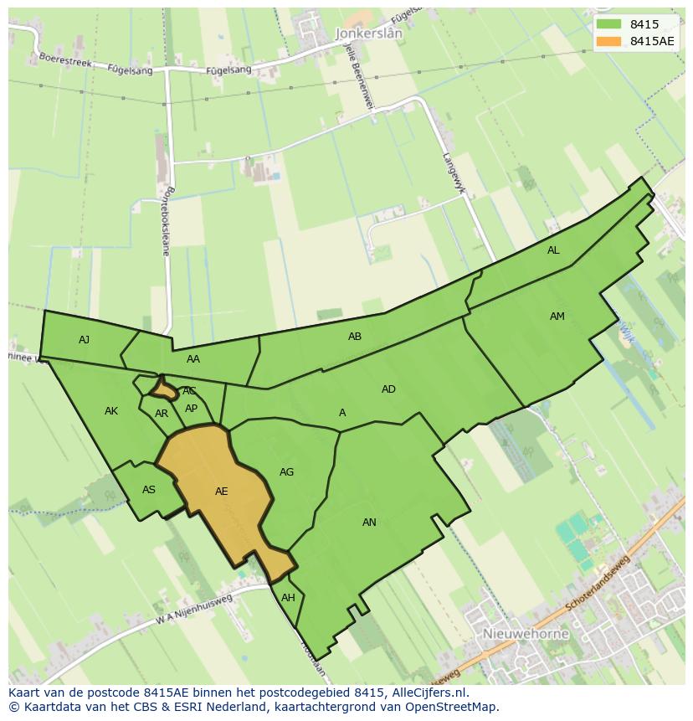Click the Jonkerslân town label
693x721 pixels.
tap(368, 33)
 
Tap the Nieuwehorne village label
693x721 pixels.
tap(526, 634)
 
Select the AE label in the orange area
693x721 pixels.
tap(221, 492)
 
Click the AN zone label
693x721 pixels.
tap(369, 523)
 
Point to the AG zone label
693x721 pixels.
tap(286, 472)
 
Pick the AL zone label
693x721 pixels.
tap(553, 250)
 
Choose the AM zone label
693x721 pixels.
tap(557, 317)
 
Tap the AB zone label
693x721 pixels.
tap(355, 337)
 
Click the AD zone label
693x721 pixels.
tap(388, 389)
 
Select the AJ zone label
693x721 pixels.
tap(84, 340)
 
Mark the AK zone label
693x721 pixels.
tap(111, 411)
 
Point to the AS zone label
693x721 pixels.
tap(149, 491)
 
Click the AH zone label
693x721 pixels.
tap(288, 598)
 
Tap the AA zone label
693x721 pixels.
tap(193, 359)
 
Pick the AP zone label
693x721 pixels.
tap(191, 409)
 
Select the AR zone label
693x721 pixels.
tap(162, 414)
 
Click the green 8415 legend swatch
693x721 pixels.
tap(609, 24)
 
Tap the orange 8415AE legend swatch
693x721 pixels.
tap(609, 41)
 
